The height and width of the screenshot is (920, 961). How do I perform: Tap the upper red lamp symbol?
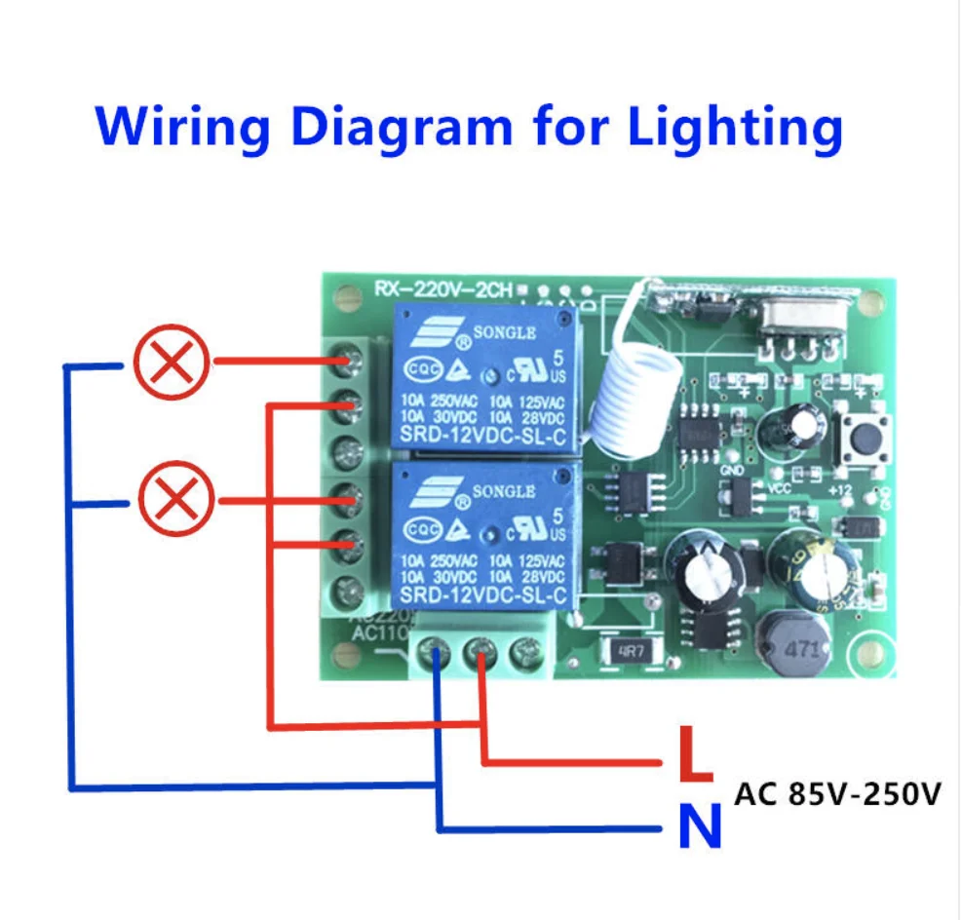tap(171, 363)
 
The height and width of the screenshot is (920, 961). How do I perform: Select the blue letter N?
tap(699, 827)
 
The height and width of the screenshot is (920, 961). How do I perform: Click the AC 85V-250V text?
tap(837, 794)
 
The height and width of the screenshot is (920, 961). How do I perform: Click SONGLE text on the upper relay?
tap(504, 332)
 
